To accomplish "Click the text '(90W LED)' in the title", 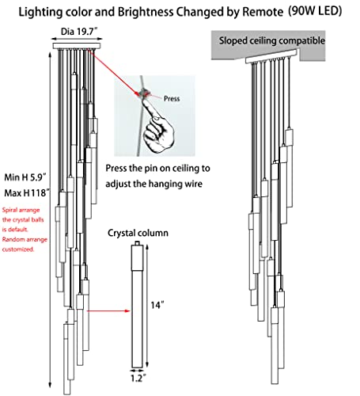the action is [315, 11].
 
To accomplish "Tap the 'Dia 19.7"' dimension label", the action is [79, 32].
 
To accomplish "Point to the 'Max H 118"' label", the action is [27, 193].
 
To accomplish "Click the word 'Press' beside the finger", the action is [172, 99].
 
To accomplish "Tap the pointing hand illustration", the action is [157, 126].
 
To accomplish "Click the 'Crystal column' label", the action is [138, 233].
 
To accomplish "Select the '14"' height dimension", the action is [157, 305].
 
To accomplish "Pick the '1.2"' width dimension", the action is [138, 378].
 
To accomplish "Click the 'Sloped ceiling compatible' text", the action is [272, 40].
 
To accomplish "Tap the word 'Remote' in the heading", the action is [263, 12].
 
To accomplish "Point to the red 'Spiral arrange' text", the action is [21, 210].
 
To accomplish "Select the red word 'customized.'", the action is [18, 249].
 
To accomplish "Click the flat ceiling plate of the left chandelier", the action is [77, 46].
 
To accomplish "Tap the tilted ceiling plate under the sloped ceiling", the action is [271, 56].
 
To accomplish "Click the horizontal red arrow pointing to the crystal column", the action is [108, 311].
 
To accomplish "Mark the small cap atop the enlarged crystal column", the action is [137, 243].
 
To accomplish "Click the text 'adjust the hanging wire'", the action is [154, 184].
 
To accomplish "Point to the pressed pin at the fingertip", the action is [144, 93].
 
